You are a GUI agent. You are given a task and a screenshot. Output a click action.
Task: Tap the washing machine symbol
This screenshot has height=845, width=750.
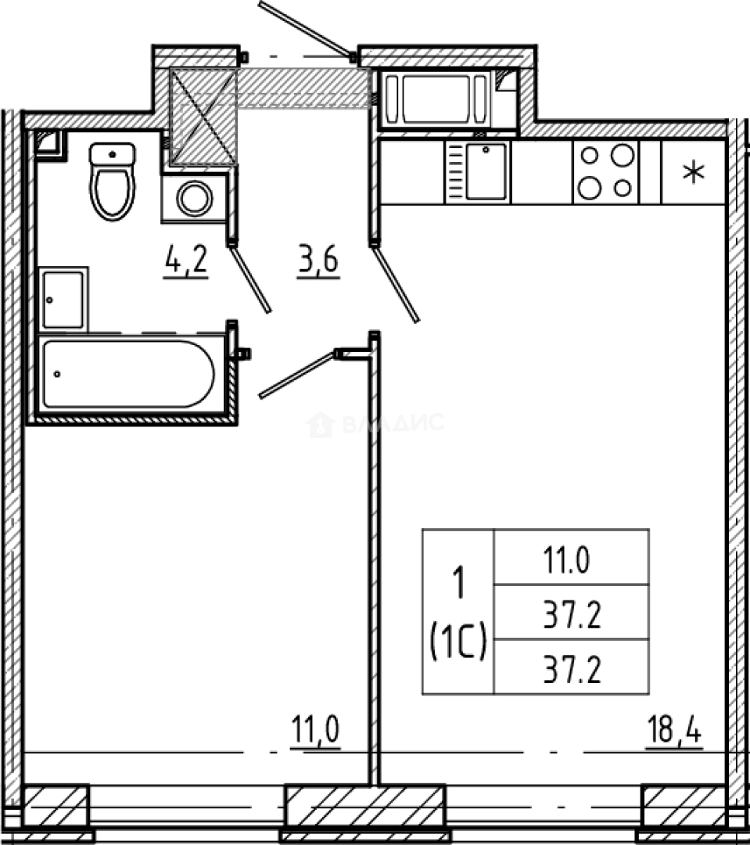pyautogui.click(x=194, y=198)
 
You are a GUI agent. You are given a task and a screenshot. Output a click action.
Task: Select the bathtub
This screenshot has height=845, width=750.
pyautogui.click(x=129, y=373)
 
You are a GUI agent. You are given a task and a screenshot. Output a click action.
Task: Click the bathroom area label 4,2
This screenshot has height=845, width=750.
pyautogui.click(x=185, y=259)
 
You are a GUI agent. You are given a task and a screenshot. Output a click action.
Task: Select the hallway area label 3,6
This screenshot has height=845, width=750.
pyautogui.click(x=317, y=259)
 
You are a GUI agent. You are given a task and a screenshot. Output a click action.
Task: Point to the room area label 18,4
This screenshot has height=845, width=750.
pyautogui.click(x=673, y=735)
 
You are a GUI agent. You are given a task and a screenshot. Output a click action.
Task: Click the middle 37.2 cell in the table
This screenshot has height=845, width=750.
pyautogui.click(x=572, y=613)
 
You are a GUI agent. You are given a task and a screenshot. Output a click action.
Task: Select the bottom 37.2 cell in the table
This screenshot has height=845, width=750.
pyautogui.click(x=572, y=667)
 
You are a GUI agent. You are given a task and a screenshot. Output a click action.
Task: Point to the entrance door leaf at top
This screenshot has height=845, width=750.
pyautogui.click(x=305, y=29)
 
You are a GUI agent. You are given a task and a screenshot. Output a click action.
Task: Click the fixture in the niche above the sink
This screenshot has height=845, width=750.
pyautogui.click(x=447, y=99)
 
